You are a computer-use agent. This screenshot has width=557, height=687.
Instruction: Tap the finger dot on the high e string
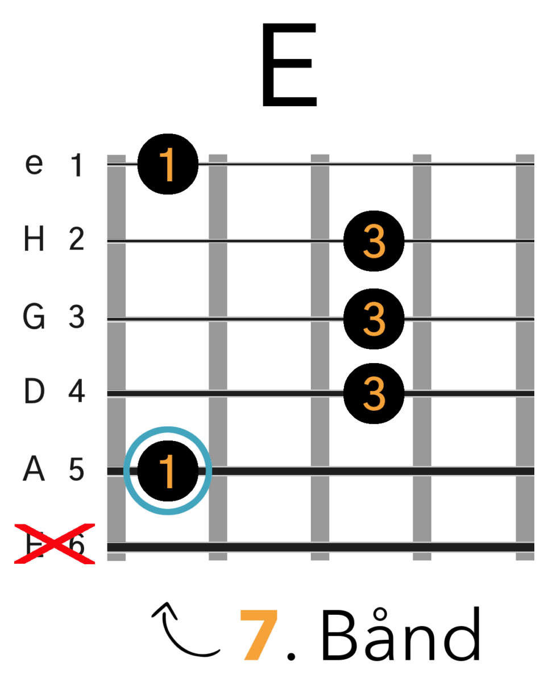[x=168, y=165]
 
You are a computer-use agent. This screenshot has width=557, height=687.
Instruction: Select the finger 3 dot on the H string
[x=374, y=242]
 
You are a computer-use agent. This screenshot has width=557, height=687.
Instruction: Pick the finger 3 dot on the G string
[x=374, y=319]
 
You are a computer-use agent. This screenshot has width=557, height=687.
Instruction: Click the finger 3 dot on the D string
[x=374, y=393]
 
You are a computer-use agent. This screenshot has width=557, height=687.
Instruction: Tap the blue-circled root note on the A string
[x=168, y=471]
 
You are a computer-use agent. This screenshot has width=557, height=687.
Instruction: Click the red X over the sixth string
[x=55, y=544]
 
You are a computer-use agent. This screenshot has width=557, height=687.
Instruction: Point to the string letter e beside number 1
[x=35, y=165]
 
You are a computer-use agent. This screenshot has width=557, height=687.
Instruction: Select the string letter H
[x=34, y=241]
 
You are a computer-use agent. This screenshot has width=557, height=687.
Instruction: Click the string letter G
[x=34, y=318]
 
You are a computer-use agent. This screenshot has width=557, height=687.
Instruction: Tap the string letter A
[x=34, y=471]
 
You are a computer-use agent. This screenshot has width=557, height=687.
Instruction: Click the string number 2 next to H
[x=77, y=241]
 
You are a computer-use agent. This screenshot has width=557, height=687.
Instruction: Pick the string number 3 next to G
[x=77, y=318]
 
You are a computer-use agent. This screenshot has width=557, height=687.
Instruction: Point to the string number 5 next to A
[x=77, y=471]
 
